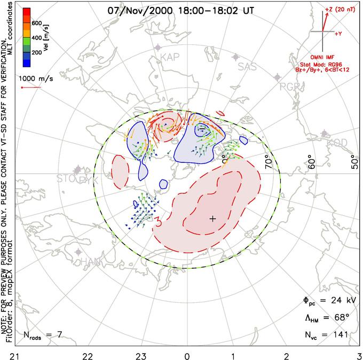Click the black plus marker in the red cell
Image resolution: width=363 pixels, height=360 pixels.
tap(212, 218)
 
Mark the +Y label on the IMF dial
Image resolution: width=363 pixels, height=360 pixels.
tap(338, 34)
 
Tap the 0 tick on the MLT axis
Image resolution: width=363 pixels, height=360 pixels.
tap(187, 354)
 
